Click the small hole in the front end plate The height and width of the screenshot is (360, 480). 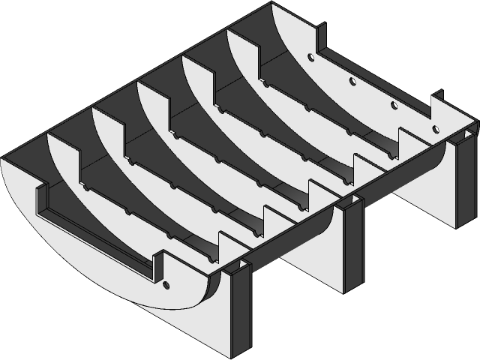point(166,284)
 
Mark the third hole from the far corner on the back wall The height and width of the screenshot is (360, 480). point(393,103)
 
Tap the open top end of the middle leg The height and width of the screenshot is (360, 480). point(349,202)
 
